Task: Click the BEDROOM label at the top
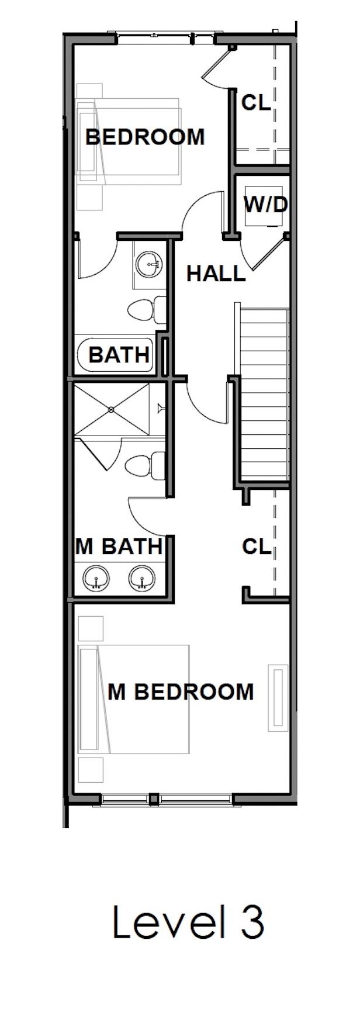[145, 137]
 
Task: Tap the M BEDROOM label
[181, 692]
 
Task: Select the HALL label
[216, 273]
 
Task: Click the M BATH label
[119, 546]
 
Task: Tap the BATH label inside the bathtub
[119, 354]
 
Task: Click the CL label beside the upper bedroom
[256, 103]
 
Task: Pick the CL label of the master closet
[257, 547]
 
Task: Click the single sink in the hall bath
[148, 264]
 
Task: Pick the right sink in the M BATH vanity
[141, 579]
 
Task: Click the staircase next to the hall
[264, 392]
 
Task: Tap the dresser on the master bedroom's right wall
[277, 697]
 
